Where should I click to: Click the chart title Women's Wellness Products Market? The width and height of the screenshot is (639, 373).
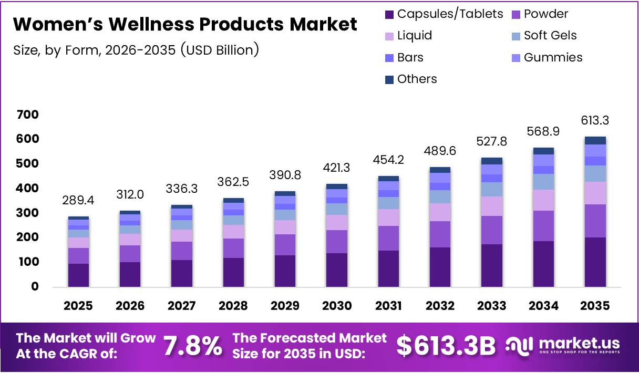tap(185, 25)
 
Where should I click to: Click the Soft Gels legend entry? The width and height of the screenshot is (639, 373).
tap(550, 36)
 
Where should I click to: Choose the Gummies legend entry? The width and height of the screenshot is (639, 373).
tap(553, 57)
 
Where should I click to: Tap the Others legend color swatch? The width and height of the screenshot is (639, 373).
tap(389, 79)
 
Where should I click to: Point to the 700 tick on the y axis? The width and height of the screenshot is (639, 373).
tap(27, 115)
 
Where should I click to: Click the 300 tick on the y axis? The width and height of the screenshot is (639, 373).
tap(27, 213)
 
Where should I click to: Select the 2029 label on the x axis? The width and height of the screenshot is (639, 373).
tap(285, 306)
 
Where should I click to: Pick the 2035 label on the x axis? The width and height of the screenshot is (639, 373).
tap(595, 306)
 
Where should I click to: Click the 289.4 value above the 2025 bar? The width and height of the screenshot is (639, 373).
tap(78, 201)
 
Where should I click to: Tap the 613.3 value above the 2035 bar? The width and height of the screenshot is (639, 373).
tap(595, 121)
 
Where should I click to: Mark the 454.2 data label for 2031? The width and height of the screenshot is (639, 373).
tap(388, 160)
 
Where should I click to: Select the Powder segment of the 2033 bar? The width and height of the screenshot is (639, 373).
tap(492, 230)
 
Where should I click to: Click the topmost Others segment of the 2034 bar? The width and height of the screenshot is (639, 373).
tap(543, 151)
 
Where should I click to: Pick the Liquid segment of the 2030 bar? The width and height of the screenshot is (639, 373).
tap(337, 222)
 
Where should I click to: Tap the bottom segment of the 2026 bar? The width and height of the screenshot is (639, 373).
tap(130, 274)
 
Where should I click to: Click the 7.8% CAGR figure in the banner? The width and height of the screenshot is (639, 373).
tap(192, 346)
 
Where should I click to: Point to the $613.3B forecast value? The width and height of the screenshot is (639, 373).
tap(446, 346)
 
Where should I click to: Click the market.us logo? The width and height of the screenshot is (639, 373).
tap(563, 345)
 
